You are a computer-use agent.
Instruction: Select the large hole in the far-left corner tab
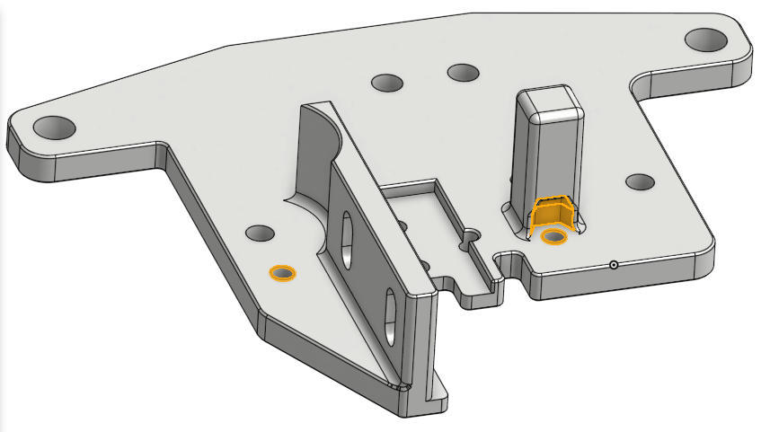55,126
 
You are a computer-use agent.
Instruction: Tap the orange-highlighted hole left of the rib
283,272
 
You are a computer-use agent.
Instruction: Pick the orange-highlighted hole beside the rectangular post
554,236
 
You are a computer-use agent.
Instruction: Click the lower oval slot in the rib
392,311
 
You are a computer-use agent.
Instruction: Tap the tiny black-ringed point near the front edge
613,265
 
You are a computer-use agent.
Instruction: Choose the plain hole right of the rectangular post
640,181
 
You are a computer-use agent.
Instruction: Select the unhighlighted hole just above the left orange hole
261,234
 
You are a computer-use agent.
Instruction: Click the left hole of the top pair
388,83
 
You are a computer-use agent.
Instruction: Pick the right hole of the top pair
463,72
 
